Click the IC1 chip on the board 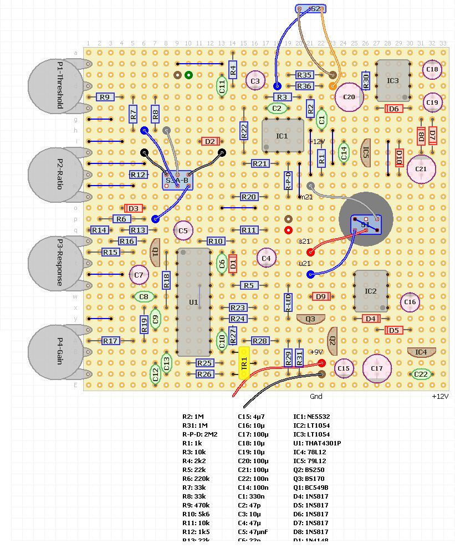click(x=282, y=135)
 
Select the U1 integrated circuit click(x=193, y=302)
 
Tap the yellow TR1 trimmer click(x=244, y=363)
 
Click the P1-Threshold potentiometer click(x=53, y=85)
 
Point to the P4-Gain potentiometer click(x=53, y=352)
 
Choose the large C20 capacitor click(x=349, y=97)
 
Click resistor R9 click(x=105, y=97)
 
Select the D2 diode click(x=210, y=141)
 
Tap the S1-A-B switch click(x=177, y=180)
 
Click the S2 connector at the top click(x=311, y=9)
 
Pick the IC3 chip click(x=393, y=81)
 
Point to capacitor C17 click(x=377, y=368)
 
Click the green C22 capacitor click(x=421, y=375)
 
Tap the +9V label click(x=315, y=352)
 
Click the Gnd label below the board click(x=316, y=397)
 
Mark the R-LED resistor click(x=288, y=302)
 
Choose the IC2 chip click(x=371, y=291)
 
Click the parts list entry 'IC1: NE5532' click(x=311, y=416)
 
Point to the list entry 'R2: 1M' click(x=193, y=416)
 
